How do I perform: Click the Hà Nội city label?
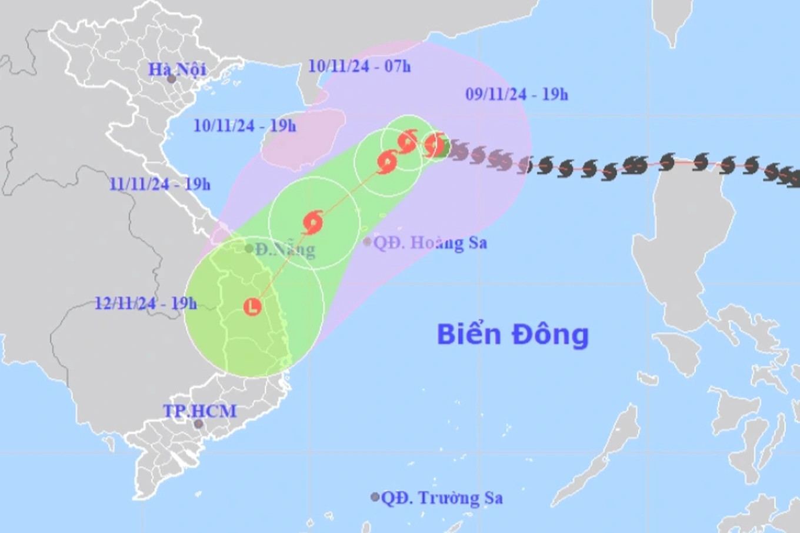pos(176,69)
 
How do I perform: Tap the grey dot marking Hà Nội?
pos(171,79)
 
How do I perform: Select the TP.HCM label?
pos(200,411)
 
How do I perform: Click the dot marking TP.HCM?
pos(199,424)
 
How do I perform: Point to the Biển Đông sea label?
pos(512,334)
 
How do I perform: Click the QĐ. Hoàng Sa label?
pos(431,242)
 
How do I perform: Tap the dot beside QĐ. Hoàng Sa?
pos(368,241)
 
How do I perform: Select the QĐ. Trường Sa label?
pos(442,498)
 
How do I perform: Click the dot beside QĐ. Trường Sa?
pos(375,497)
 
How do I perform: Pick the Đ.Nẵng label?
pos(285,249)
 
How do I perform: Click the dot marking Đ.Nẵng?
pos(249,249)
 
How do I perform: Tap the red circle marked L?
pos(252,306)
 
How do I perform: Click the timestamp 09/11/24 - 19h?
pos(516,94)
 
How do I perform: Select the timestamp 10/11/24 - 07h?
pos(359,66)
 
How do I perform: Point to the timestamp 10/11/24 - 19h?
pos(245,125)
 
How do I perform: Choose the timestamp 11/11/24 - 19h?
pos(159,184)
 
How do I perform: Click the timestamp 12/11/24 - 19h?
pos(146,303)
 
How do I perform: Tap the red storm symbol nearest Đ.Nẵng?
pos(313,222)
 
